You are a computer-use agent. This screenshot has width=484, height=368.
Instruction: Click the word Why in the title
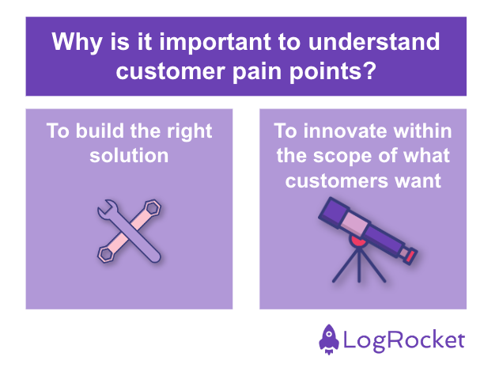click(x=75, y=42)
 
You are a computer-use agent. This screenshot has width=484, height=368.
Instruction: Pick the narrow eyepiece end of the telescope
click(x=410, y=254)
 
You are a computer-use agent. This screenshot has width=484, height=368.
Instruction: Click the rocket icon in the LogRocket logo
click(x=331, y=338)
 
